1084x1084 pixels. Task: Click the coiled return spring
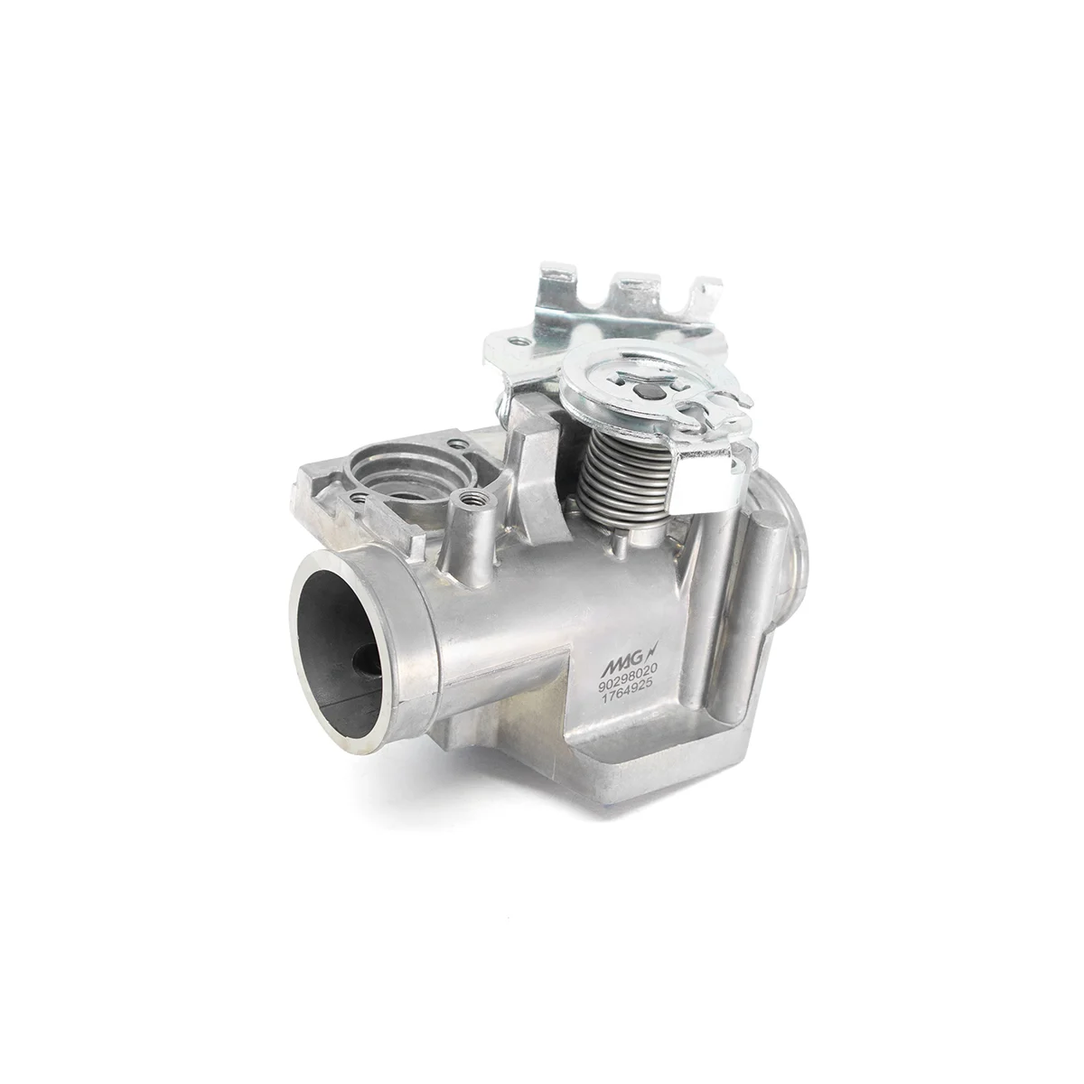tap(624, 474)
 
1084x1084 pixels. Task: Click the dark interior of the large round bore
tap(340, 650)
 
